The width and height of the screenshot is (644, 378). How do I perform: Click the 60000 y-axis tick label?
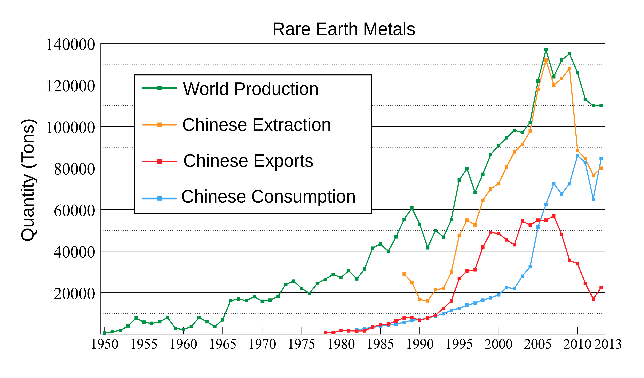point(74,211)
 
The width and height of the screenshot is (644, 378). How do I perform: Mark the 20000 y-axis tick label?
point(74,294)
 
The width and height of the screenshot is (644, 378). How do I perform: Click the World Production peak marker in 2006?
point(546,50)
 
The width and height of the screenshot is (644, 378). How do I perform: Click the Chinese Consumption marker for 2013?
point(601,159)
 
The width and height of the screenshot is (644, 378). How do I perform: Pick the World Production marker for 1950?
point(105,333)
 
